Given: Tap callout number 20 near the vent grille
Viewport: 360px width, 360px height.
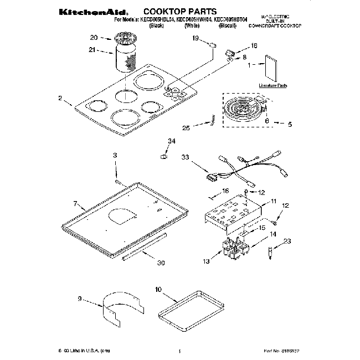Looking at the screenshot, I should point(94,38).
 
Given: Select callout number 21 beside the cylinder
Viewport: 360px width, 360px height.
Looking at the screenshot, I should point(93,50).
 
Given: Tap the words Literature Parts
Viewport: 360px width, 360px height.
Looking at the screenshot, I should point(274,86).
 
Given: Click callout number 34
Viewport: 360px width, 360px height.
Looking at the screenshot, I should point(171,142).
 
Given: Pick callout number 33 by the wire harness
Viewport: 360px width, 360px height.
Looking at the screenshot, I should point(185,157).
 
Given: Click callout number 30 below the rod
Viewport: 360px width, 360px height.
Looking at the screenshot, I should point(161,263).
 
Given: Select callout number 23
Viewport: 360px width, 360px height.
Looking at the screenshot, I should point(287,240).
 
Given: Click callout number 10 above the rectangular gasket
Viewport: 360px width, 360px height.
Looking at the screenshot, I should point(158,289).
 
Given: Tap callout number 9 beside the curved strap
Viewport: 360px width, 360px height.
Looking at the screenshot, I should point(80,299).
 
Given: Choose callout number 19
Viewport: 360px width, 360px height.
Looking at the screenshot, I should point(195,38).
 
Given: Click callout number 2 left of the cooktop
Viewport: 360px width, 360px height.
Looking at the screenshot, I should point(59,98).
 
